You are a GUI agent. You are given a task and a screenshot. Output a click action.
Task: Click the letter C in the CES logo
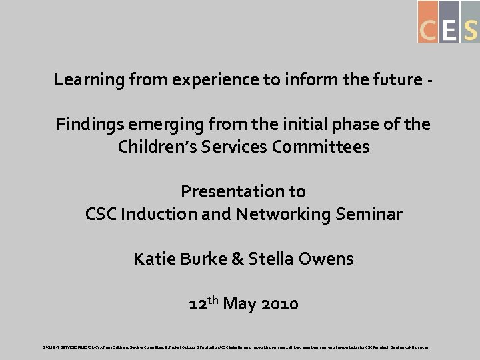coord(428,29)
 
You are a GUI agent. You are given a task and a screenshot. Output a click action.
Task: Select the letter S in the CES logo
coord(470,29)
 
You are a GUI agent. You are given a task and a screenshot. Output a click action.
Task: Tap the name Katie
coord(155,258)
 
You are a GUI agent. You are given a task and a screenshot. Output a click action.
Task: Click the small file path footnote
coord(240,347)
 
